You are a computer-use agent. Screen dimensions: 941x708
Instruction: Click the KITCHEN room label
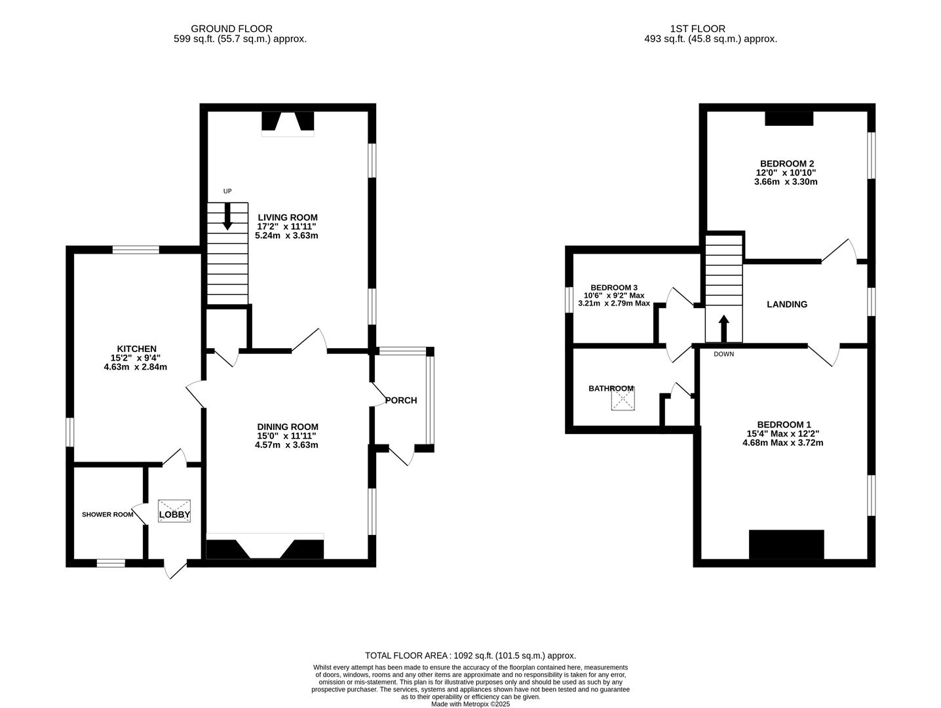coord(136,349)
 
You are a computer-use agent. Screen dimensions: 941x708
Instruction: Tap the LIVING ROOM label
coord(287,218)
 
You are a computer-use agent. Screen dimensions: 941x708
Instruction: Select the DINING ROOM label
coord(287,427)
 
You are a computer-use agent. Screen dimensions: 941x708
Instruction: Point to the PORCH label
coord(401,400)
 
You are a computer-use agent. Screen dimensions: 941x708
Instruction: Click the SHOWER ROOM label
coord(107,514)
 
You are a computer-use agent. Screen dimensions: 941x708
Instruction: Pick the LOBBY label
coord(174,515)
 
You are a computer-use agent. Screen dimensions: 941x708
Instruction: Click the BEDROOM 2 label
coord(786,163)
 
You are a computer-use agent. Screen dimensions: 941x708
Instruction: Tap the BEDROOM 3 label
coord(614,287)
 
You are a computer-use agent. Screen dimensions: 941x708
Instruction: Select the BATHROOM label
coord(611,389)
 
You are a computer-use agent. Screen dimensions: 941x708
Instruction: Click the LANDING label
coord(786,304)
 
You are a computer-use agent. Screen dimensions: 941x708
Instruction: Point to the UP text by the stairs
coord(227,191)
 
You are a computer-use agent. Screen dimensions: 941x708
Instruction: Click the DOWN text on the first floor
coord(723,354)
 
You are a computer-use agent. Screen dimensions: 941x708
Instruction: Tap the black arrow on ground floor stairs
coord(227,216)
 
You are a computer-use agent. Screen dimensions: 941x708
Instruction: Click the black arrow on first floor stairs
coord(723,328)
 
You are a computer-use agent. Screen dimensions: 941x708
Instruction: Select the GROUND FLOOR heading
coord(231,29)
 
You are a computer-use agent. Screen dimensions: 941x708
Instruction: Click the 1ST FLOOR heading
coord(698,29)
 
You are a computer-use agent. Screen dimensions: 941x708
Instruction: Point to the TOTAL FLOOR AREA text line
coord(470,656)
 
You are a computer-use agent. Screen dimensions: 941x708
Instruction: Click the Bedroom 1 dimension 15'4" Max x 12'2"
coord(783,433)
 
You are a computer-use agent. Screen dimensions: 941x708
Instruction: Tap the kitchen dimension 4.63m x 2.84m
coord(136,366)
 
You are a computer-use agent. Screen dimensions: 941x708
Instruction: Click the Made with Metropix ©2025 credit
coord(470,704)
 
